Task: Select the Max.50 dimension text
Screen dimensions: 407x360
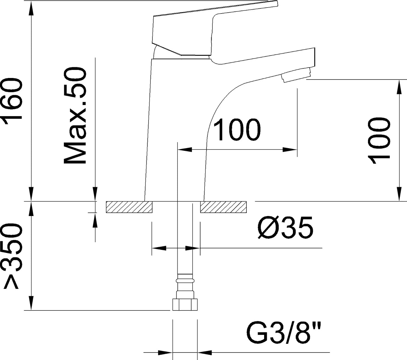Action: [75, 115]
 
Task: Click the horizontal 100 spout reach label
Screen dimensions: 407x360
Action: [237, 130]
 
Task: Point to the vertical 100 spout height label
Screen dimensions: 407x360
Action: [379, 141]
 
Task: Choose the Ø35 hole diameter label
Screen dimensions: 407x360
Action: [285, 228]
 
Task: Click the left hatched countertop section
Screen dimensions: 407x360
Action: [129, 207]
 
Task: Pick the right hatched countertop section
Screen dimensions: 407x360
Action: [223, 207]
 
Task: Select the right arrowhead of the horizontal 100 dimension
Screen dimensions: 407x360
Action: [290, 149]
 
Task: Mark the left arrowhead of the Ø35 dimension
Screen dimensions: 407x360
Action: [159, 248]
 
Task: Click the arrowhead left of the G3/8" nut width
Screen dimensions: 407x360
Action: [165, 352]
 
